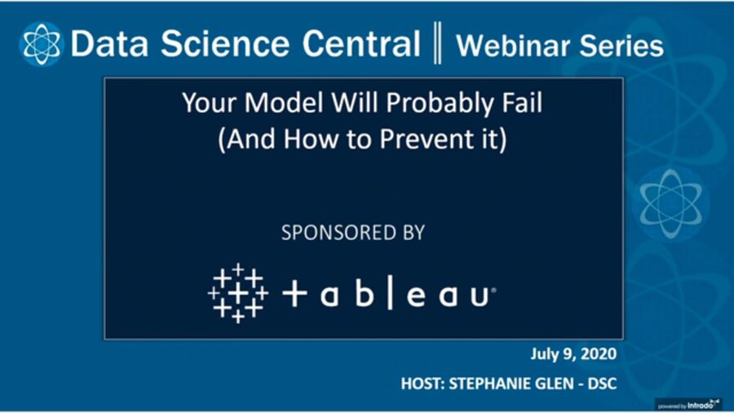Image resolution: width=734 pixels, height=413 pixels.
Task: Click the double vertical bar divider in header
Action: click(438, 44)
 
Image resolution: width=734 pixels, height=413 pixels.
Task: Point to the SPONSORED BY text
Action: click(352, 233)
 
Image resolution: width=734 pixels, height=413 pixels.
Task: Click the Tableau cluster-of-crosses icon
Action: click(237, 292)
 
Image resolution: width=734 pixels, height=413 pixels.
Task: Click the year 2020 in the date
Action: click(599, 354)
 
